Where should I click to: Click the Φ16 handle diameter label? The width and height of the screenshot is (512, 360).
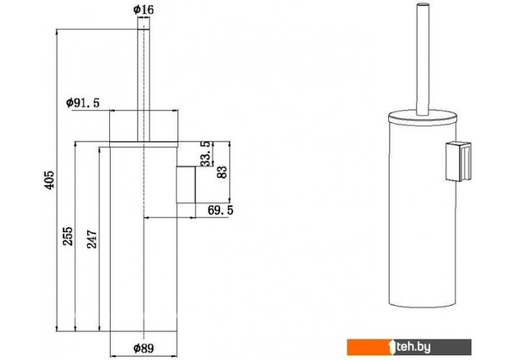(x=144, y=10)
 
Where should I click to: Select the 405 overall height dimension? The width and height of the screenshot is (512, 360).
(x=50, y=180)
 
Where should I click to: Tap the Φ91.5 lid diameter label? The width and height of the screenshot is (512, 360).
(x=83, y=103)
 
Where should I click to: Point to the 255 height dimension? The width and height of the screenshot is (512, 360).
(x=68, y=236)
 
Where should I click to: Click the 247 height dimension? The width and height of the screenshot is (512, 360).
(x=92, y=239)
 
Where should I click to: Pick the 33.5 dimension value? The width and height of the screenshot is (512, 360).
(x=206, y=154)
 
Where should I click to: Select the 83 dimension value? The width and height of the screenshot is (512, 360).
(x=222, y=172)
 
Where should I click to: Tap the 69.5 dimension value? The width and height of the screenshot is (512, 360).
(x=221, y=210)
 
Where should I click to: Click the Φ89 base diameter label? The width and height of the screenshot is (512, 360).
(x=144, y=349)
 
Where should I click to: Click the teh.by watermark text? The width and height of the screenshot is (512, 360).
(x=414, y=347)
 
